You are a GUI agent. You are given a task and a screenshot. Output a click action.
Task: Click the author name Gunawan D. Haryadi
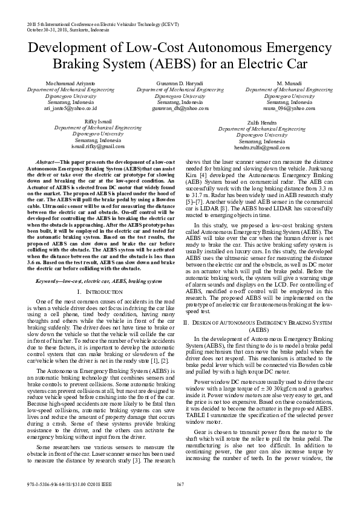coord(179,82)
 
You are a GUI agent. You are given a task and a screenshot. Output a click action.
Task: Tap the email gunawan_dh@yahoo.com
coord(179,109)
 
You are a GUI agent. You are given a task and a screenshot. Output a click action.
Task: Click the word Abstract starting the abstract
coord(47,163)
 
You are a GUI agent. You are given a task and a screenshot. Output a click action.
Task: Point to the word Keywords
coord(49,265)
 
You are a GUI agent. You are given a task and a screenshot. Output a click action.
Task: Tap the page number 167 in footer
coord(180,501)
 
